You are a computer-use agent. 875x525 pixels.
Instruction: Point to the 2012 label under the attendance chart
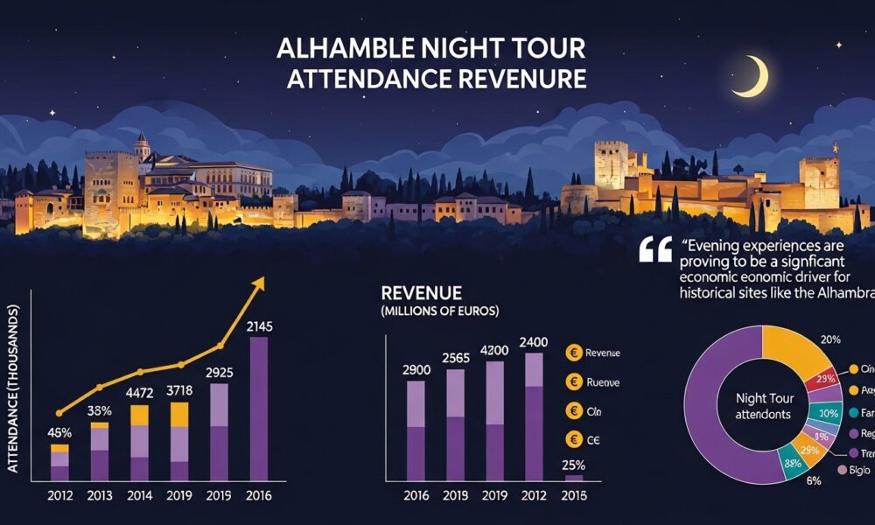pyautogui.click(x=59, y=495)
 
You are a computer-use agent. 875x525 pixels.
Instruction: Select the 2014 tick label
pyautogui.click(x=141, y=495)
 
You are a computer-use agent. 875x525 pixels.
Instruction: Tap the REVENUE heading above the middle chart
pyautogui.click(x=422, y=293)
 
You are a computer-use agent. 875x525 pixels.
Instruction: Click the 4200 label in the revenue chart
pyautogui.click(x=495, y=350)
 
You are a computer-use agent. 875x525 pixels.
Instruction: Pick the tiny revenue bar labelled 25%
pyautogui.click(x=574, y=478)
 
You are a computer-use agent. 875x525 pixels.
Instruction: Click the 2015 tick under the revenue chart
pyautogui.click(x=574, y=495)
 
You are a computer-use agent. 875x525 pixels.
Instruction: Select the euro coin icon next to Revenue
pyautogui.click(x=574, y=353)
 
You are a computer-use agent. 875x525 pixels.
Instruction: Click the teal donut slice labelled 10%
pyautogui.click(x=822, y=413)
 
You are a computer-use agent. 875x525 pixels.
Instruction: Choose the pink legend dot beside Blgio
pyautogui.click(x=842, y=471)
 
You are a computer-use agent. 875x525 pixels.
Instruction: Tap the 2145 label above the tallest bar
pyautogui.click(x=260, y=326)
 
